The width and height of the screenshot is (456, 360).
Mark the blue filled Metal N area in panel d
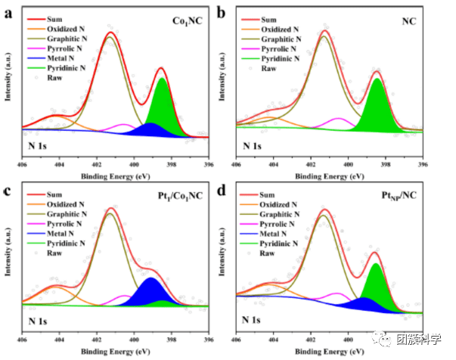(x=363, y=306)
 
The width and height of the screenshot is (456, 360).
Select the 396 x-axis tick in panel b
(x=423, y=164)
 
